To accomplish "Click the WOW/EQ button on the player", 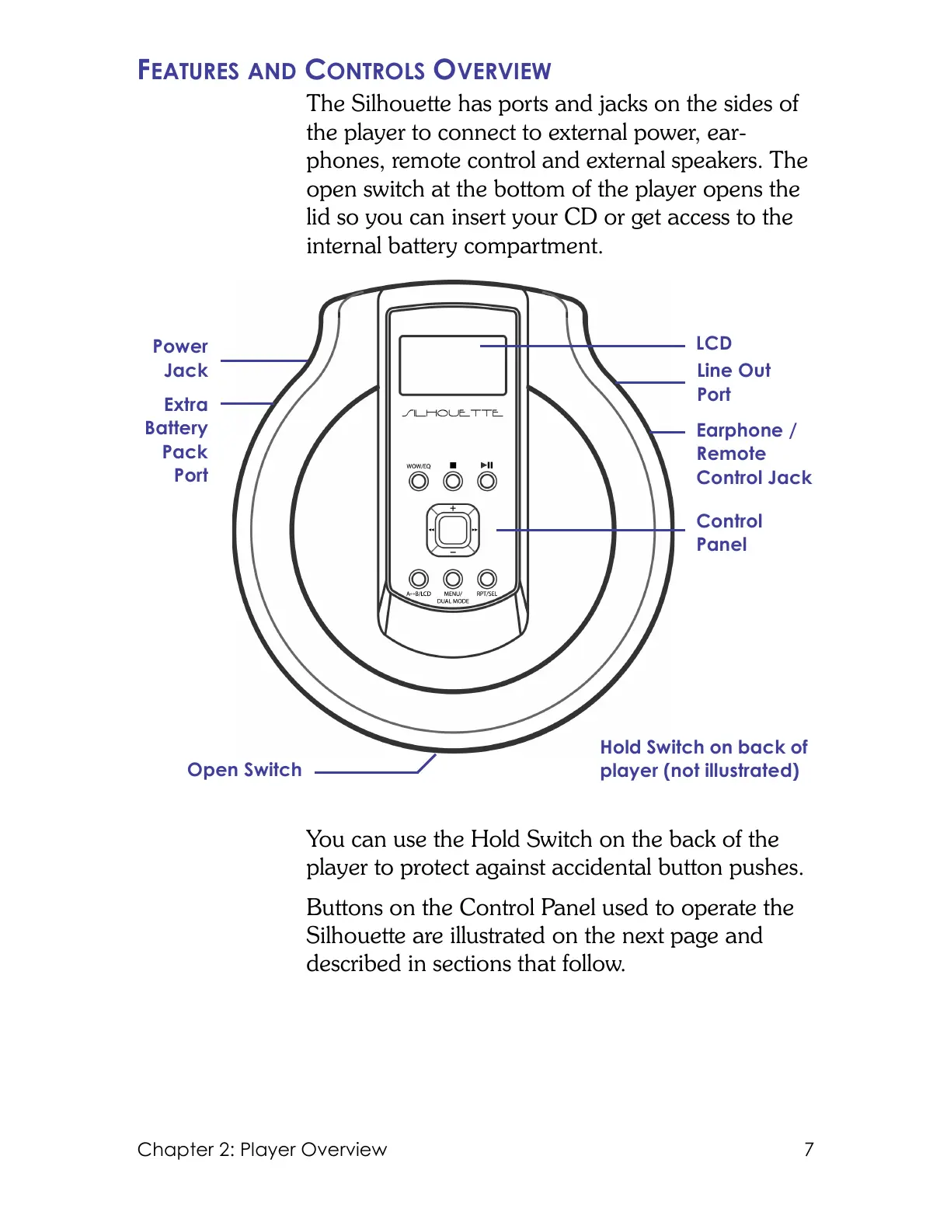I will coord(419,482).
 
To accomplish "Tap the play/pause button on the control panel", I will coord(487,482).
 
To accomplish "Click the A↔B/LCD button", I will coord(419,579).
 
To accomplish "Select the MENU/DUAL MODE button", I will coord(453,579).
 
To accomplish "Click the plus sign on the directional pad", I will coord(453,509).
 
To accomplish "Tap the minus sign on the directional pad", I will coord(453,552).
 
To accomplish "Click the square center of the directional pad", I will coord(453,531).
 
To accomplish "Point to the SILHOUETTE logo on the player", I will coord(452,413).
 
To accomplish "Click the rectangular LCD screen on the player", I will coord(452,365).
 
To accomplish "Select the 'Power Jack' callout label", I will coord(181,358).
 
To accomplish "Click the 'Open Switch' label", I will coord(245,770).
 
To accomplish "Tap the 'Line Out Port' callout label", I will coord(733,382).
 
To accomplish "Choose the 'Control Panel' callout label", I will coord(729,533).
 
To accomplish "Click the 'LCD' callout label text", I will coord(714,343).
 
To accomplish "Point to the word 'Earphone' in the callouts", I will coord(740,430).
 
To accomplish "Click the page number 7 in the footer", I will coord(809,1149).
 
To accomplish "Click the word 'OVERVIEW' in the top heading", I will coord(492,71).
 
